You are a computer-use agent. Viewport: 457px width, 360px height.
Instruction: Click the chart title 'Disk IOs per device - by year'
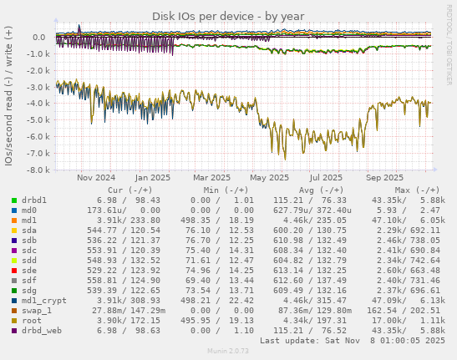point(228,16)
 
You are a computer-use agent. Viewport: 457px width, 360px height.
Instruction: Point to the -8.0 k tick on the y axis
point(33,170)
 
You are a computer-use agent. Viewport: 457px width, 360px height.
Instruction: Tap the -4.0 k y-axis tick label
point(33,104)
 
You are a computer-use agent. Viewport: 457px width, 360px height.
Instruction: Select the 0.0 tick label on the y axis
point(38,38)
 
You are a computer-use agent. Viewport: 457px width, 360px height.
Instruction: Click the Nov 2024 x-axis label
point(96,177)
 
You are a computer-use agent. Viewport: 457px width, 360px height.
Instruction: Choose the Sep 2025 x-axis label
point(384,177)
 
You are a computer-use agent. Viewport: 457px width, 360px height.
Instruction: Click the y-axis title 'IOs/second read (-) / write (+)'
point(9,95)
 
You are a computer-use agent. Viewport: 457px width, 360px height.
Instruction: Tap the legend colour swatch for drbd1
point(14,200)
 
